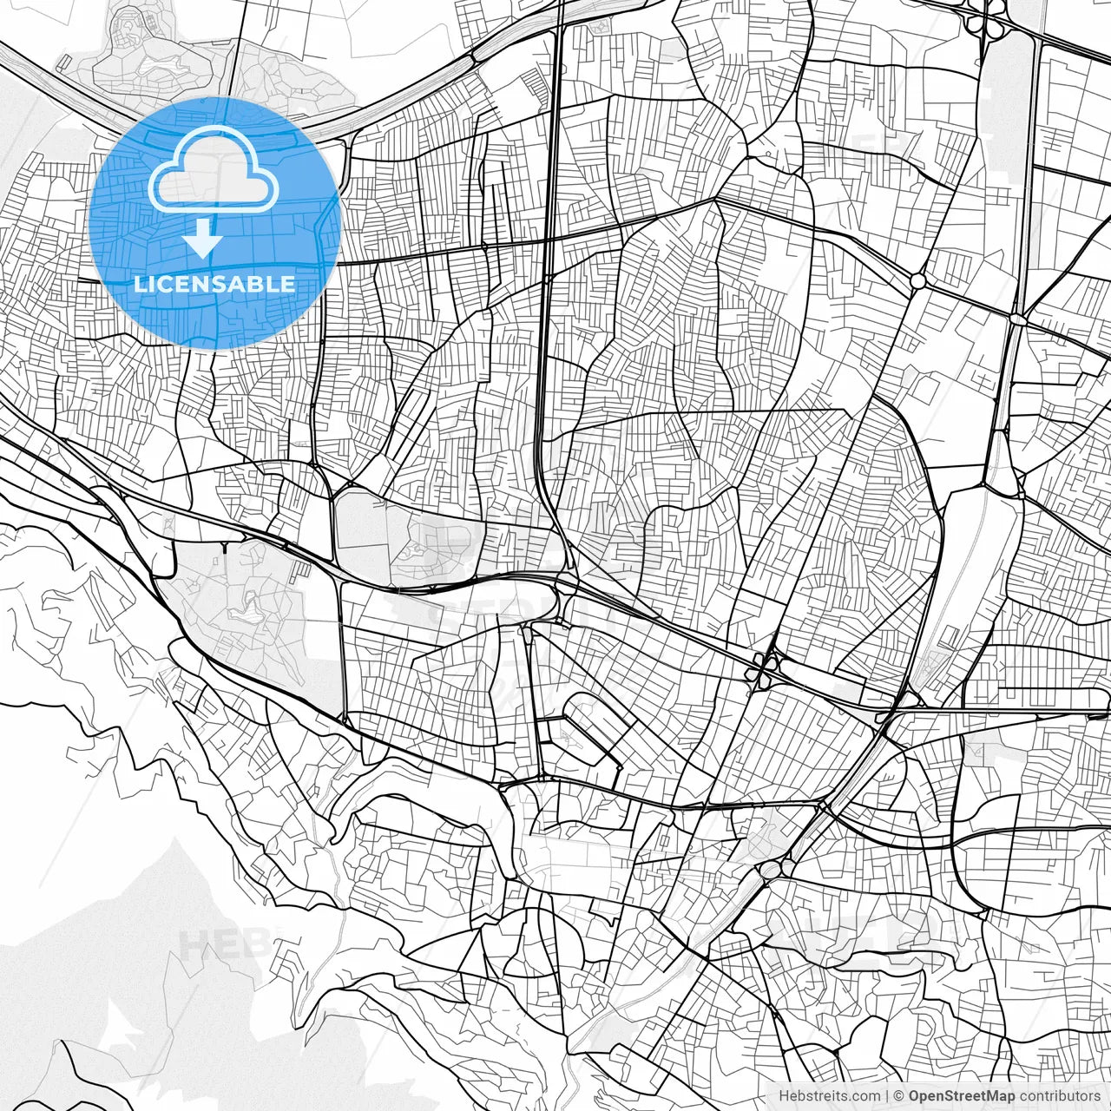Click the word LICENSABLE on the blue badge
[214, 284]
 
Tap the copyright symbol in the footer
[898, 1096]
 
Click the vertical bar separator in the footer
[886, 1096]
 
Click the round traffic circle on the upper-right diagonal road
[917, 280]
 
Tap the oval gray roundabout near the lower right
[771, 870]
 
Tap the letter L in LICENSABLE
[139, 284]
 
